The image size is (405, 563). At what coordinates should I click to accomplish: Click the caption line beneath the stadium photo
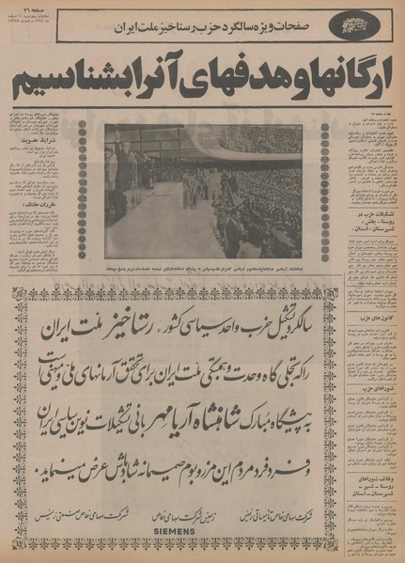[x=202, y=267]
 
